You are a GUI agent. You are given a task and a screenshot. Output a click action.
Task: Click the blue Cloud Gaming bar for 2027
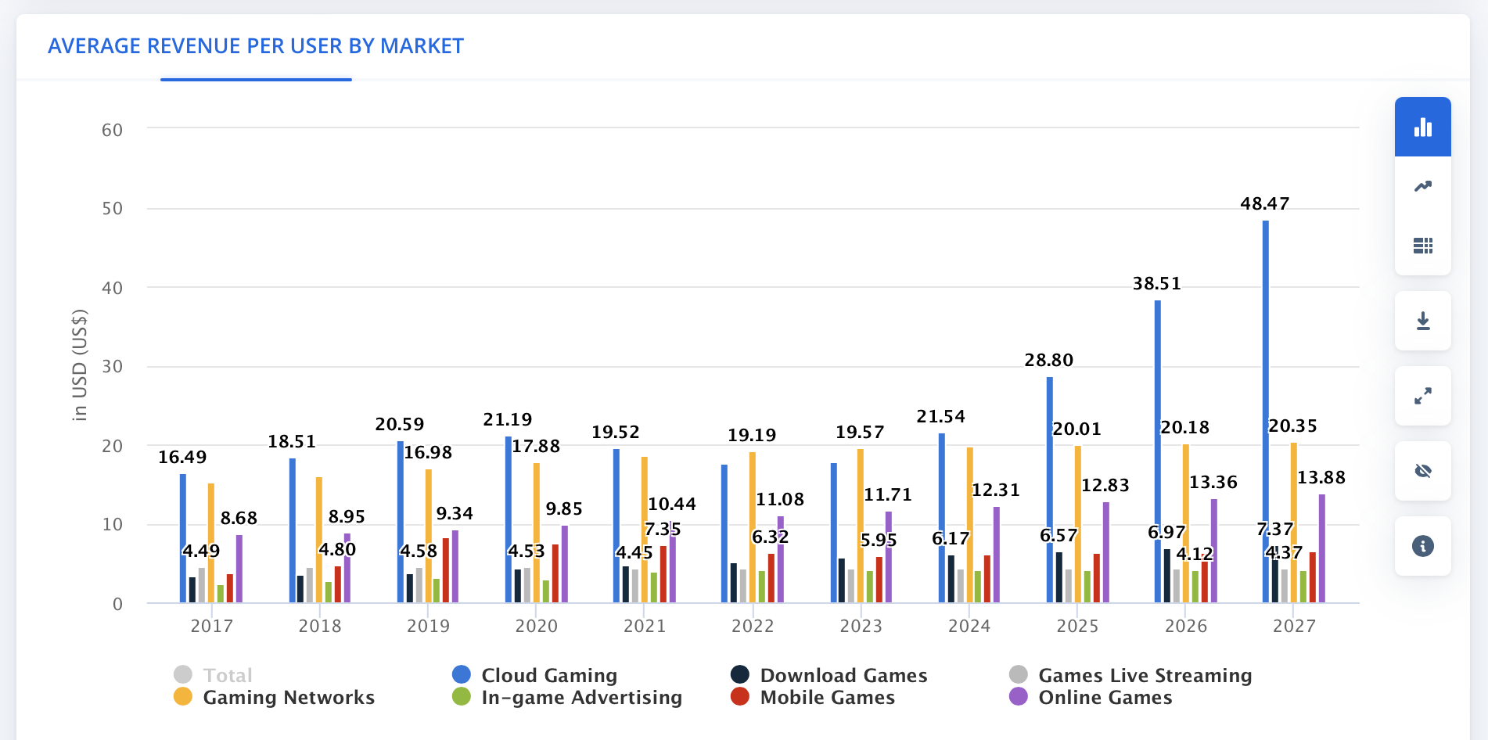(x=1265, y=391)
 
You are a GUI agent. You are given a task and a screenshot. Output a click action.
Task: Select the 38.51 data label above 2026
(x=1156, y=283)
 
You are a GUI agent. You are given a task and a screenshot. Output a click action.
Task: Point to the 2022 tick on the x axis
(x=753, y=626)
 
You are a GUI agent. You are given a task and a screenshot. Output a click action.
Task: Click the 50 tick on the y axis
(x=112, y=209)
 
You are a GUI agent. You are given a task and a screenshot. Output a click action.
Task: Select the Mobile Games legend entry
(x=826, y=697)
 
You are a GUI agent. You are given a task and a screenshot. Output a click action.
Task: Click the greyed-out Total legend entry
(x=227, y=675)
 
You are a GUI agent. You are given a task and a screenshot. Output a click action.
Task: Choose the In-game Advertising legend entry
(x=580, y=697)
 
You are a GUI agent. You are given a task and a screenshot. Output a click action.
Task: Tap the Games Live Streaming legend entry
(x=1144, y=675)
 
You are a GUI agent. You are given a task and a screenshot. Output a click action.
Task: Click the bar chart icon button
(x=1422, y=128)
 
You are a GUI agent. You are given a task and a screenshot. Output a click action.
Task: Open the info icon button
(x=1422, y=546)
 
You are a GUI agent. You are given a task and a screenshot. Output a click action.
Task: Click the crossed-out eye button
(x=1422, y=471)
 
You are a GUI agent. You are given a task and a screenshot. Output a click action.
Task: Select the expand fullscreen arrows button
(x=1422, y=396)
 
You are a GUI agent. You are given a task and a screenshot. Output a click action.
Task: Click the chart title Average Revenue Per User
(x=256, y=46)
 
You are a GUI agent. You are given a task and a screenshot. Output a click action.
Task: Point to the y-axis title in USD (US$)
(x=80, y=365)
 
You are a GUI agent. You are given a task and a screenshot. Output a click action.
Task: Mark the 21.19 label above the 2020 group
(x=507, y=420)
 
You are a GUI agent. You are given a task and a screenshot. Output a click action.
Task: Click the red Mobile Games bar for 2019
(x=445, y=569)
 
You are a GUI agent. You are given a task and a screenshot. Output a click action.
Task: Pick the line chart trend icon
(x=1422, y=186)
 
